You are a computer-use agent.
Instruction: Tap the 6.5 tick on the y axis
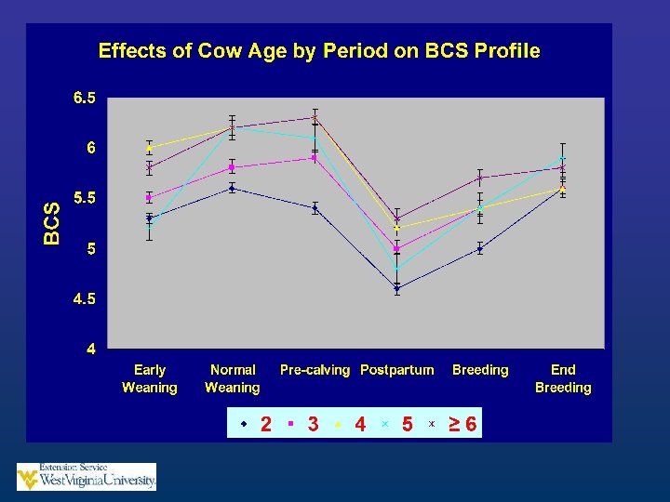84,98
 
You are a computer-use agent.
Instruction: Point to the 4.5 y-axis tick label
84,298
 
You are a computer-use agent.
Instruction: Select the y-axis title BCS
52,224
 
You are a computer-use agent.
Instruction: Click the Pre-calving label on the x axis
315,370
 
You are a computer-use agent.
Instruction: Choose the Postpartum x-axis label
397,370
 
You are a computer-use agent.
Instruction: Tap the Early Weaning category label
150,378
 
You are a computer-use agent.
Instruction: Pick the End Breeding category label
563,378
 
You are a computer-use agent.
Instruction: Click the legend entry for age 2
257,424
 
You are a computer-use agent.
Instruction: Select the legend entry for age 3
303,424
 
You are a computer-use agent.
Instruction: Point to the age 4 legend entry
351,424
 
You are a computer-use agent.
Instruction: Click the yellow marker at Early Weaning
149,148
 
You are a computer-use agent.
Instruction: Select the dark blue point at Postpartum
397,288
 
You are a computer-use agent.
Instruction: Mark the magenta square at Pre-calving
315,158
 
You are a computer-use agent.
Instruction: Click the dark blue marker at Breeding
480,248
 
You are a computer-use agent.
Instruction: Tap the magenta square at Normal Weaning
232,167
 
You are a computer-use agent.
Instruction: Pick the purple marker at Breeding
480,178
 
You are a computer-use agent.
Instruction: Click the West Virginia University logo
87,476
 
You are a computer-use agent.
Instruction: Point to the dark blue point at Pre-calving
315,208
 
